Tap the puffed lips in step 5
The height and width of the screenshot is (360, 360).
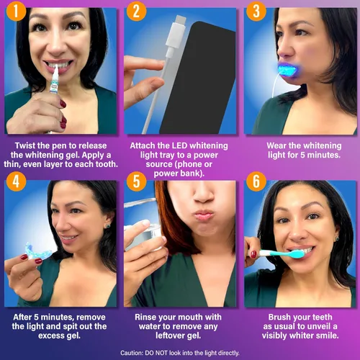pyautogui.click(x=205, y=215)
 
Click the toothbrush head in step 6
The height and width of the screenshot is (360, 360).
pyautogui.click(x=303, y=252)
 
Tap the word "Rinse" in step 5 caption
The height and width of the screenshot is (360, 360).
pyautogui.click(x=148, y=316)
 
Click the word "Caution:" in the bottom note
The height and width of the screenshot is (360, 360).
pyautogui.click(x=135, y=352)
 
